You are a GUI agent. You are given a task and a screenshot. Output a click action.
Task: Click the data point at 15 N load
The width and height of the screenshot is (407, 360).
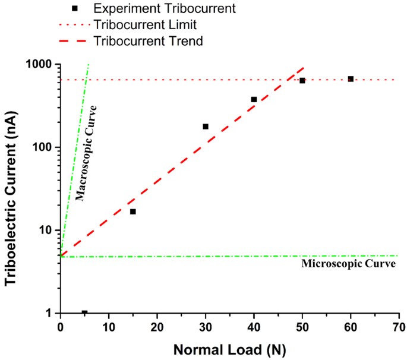point(132,211)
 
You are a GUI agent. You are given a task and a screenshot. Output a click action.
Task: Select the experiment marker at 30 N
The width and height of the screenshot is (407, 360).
point(206,127)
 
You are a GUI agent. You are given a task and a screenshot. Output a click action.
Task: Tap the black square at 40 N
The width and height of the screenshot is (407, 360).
point(254,99)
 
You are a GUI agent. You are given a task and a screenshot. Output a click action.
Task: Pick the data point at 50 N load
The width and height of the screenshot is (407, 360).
point(302,80)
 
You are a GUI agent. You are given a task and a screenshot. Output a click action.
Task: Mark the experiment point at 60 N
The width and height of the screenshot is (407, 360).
point(351,79)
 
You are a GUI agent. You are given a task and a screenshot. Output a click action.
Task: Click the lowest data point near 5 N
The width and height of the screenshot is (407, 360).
point(84,312)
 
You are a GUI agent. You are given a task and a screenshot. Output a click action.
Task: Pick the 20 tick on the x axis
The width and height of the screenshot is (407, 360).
point(157,327)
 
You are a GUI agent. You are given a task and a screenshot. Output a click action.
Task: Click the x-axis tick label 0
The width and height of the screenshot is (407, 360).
point(60,327)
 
